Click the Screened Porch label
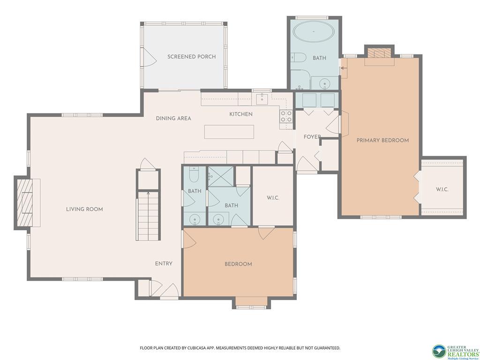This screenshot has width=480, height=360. (191, 57)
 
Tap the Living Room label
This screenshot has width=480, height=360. (84, 209)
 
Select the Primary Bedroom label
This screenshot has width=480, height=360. (382, 140)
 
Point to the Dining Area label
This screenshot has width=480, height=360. (173, 118)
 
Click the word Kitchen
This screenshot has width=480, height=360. (241, 114)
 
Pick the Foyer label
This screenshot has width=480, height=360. (312, 137)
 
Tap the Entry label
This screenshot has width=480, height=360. (164, 263)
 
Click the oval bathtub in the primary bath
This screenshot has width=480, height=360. (313, 32)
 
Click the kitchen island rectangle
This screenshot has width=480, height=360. (229, 132)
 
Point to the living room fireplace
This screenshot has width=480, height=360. (24, 203)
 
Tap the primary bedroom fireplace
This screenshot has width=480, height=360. (379, 53)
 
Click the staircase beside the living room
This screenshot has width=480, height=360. (148, 215)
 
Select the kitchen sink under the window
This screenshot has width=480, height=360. (262, 99)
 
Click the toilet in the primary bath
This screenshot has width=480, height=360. (299, 57)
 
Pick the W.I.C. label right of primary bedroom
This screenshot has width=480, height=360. (442, 189)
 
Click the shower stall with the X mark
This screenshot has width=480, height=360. (221, 176)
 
